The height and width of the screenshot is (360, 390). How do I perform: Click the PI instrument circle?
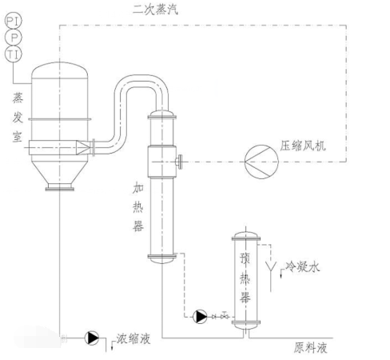click(x=14, y=21)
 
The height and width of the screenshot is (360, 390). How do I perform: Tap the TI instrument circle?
click(x=14, y=54)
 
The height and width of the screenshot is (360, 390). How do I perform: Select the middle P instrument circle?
click(x=14, y=38)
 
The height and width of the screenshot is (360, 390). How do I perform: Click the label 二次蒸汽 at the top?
click(x=156, y=10)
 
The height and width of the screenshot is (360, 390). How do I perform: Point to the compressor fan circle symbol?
click(x=261, y=162)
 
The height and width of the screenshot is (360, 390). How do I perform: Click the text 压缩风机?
click(x=303, y=146)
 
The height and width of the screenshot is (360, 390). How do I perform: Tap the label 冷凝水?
click(x=302, y=266)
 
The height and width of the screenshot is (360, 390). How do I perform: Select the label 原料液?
click(x=311, y=348)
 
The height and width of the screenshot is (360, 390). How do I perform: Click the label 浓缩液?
click(x=133, y=338)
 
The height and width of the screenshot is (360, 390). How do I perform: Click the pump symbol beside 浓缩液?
click(x=92, y=338)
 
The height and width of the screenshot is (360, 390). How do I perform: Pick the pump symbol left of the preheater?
click(x=200, y=317)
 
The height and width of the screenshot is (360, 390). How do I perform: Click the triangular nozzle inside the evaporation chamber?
click(x=83, y=147)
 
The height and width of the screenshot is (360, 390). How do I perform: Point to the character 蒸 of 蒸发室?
click(x=18, y=98)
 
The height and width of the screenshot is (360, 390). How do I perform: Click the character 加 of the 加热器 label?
click(x=138, y=188)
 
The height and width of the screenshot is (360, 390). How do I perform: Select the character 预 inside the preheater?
click(x=245, y=258)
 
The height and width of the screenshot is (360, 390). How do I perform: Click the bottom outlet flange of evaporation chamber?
click(x=60, y=189)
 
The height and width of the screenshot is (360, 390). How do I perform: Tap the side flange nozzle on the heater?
click(x=179, y=162)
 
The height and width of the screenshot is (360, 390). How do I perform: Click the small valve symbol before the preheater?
click(x=225, y=316)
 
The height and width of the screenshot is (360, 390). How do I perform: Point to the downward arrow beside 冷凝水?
click(x=281, y=274)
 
